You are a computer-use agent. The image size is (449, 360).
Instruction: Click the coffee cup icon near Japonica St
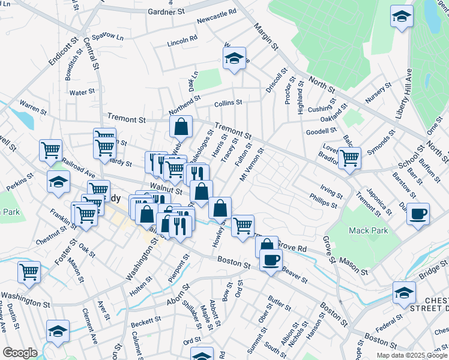418,213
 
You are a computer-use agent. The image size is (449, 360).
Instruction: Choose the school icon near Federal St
404,292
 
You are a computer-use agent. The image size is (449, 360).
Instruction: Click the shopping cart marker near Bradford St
349,158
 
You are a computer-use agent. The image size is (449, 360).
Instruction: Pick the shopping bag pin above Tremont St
181,127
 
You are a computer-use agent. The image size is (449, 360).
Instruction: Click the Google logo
19,353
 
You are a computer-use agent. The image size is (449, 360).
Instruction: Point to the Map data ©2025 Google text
412,355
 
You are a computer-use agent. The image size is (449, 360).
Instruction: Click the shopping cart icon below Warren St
50,150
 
